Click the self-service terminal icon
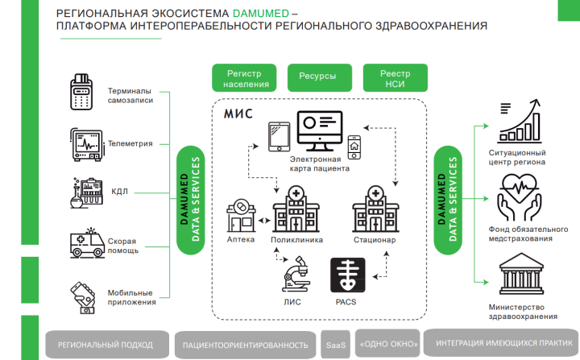pos(81,94)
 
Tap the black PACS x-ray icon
pos(348,275)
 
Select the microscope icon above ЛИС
pos(293,274)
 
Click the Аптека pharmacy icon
pos(241,216)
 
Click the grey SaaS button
pos(335,345)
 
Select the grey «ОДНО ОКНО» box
pos(387,345)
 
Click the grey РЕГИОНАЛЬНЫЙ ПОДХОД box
pos(105,345)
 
